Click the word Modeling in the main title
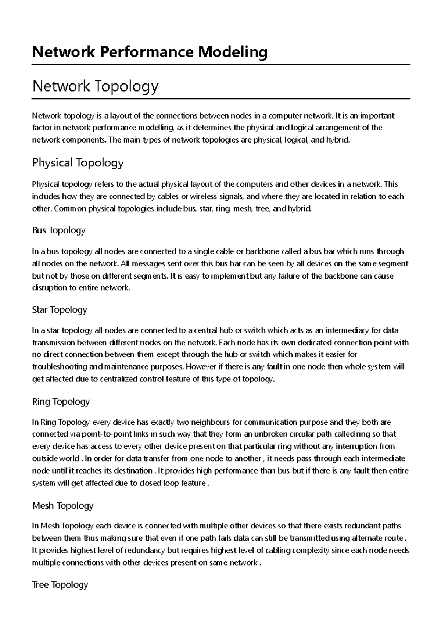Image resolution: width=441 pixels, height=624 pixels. [233, 52]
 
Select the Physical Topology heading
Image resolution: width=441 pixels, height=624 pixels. [78, 162]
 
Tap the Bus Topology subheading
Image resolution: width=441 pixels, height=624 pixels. [59, 230]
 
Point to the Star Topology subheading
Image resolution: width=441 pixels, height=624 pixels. [60, 310]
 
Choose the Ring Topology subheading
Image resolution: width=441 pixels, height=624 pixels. [61, 401]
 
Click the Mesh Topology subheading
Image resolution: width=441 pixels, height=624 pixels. [63, 506]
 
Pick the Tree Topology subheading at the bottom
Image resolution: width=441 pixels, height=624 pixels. [60, 585]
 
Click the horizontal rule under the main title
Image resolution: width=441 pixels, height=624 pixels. [221, 65]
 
